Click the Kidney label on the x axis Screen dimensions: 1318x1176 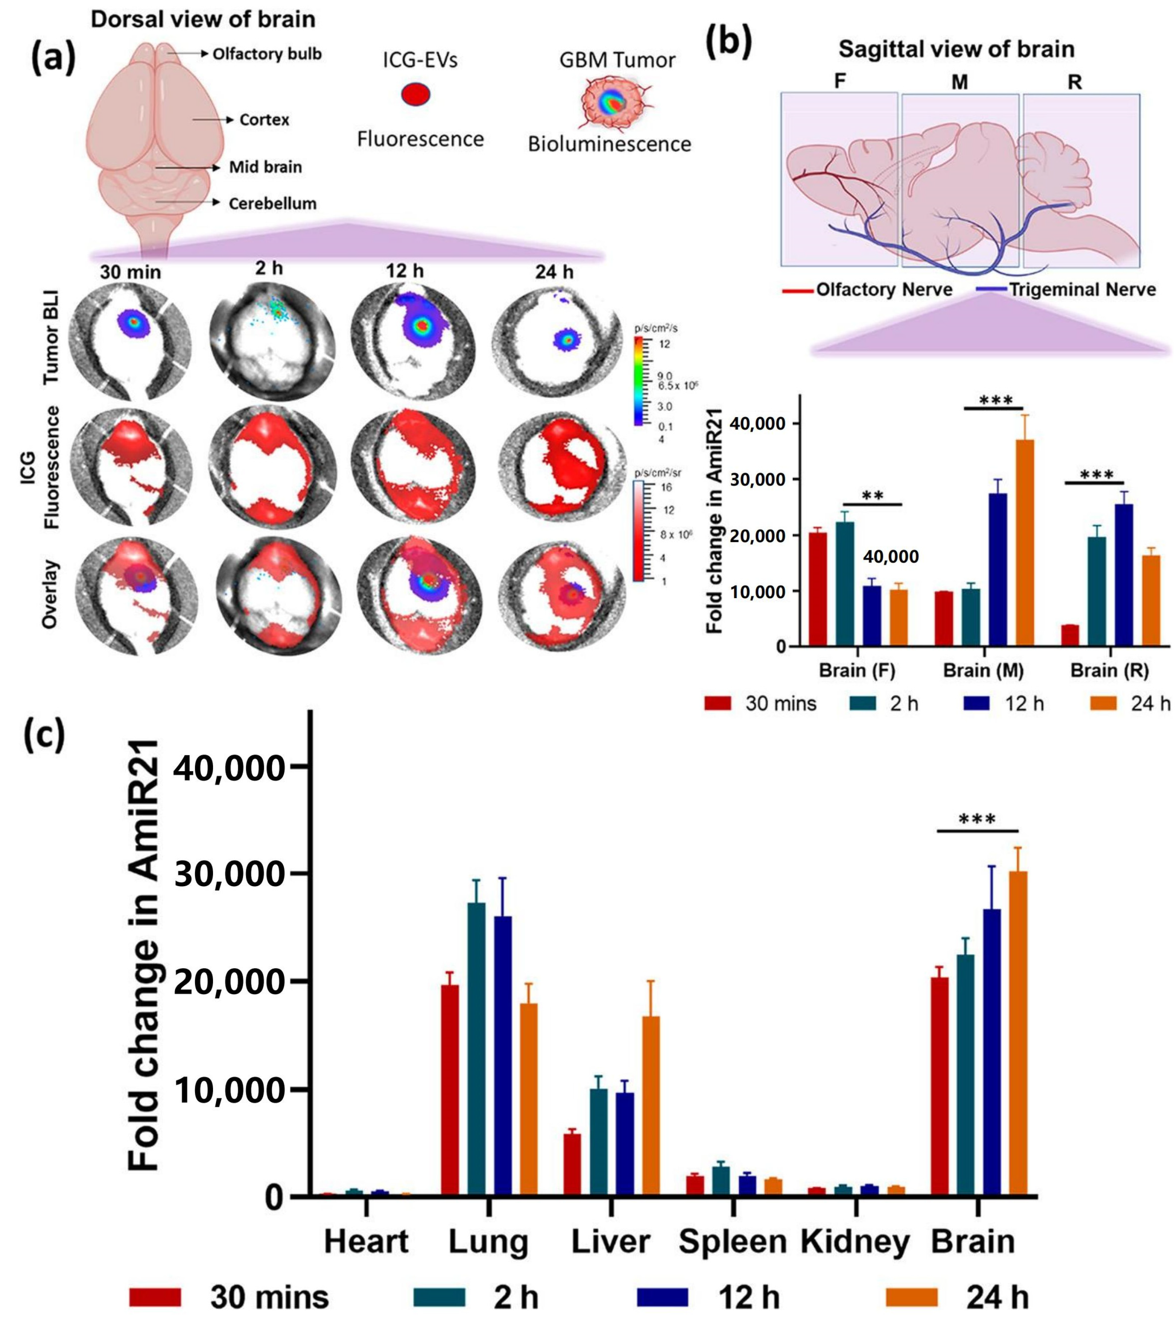(855, 1242)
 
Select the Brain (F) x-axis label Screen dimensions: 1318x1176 (857, 670)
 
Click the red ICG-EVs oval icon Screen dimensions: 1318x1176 (415, 95)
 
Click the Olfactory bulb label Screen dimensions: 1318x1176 (267, 53)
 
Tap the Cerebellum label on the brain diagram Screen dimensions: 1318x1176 (272, 203)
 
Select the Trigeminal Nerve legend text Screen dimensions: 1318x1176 (1082, 289)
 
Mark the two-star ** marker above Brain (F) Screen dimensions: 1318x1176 (872, 496)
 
